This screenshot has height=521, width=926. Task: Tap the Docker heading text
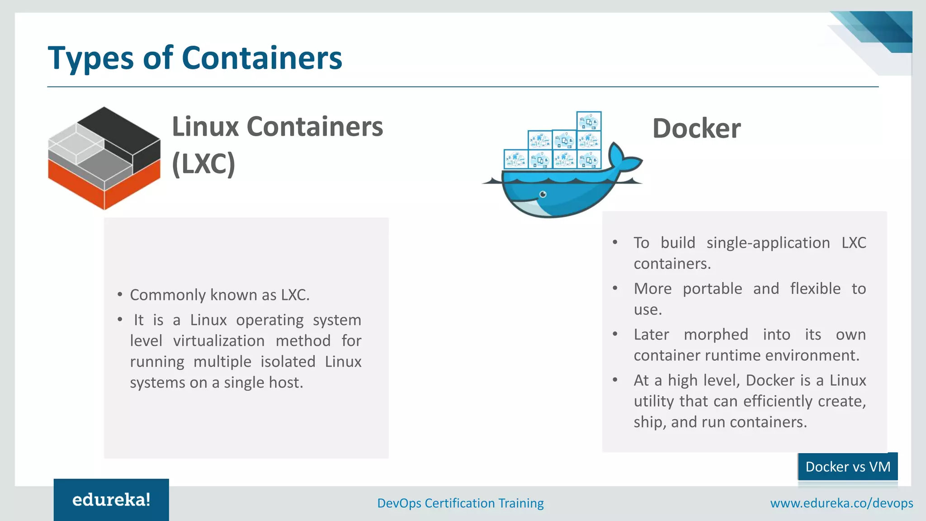(696, 128)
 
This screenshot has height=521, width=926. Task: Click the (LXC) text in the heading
(203, 164)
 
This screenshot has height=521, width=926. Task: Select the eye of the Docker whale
(543, 194)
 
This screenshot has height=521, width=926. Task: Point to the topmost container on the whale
(589, 121)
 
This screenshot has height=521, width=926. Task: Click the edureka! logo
(111, 500)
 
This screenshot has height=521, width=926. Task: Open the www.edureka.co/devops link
(841, 503)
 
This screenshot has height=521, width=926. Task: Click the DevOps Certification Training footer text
(460, 503)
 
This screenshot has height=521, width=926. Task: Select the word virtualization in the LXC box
(219, 341)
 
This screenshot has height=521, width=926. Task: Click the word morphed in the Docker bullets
(716, 335)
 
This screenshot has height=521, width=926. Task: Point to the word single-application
(768, 243)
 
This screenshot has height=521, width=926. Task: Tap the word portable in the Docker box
(712, 289)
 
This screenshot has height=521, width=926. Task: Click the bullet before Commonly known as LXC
(120, 295)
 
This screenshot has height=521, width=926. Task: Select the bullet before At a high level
(615, 380)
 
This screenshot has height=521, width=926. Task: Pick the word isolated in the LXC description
(288, 362)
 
